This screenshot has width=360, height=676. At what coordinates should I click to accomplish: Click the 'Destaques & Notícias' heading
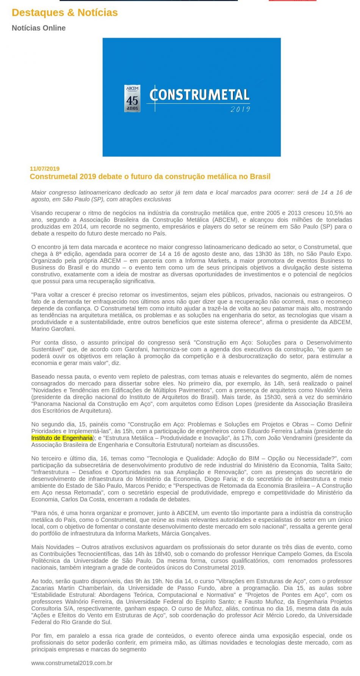65,12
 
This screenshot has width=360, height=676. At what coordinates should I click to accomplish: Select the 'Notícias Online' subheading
39,28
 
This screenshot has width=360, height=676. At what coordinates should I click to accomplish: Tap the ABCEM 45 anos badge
132,98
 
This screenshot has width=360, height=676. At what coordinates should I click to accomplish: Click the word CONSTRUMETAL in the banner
200,95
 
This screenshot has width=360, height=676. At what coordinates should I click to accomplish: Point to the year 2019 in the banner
240,109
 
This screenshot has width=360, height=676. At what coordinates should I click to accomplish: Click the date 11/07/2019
45,169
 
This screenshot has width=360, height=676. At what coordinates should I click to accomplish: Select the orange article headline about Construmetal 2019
150,176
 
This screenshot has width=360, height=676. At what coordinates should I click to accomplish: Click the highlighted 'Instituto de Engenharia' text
62,438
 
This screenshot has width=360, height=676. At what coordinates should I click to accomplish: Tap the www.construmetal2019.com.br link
72,663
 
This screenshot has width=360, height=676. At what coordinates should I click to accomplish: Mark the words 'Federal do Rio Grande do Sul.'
72,622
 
